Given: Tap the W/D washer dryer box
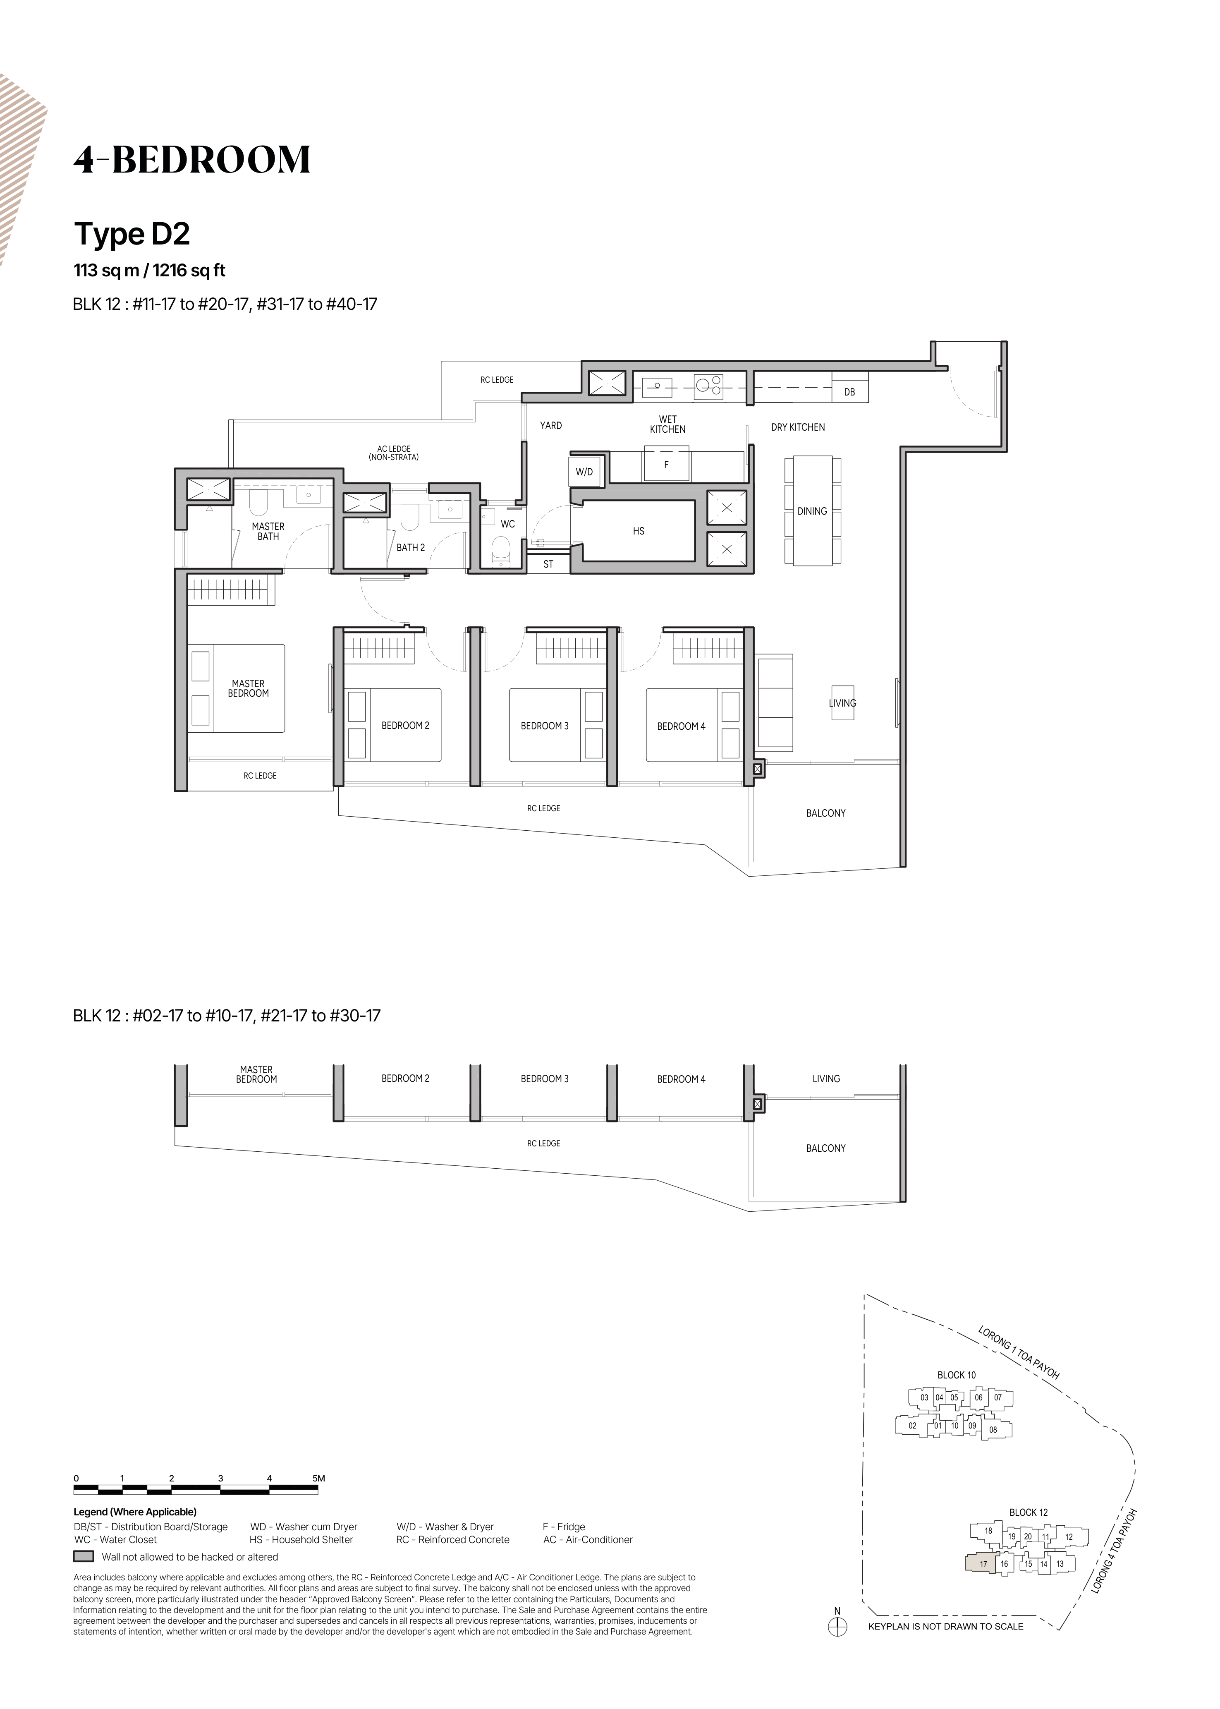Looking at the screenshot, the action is [x=584, y=472].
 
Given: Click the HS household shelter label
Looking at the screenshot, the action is [x=639, y=531].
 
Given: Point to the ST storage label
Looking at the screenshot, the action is [x=548, y=563].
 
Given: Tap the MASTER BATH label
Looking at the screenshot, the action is [x=268, y=531].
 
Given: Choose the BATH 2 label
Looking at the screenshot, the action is [x=411, y=547].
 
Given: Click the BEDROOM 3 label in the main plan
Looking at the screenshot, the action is [x=545, y=726].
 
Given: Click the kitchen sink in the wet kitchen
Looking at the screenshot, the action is [x=657, y=386].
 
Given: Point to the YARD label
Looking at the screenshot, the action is [x=550, y=425].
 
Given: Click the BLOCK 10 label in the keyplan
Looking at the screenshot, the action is [x=956, y=1375].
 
